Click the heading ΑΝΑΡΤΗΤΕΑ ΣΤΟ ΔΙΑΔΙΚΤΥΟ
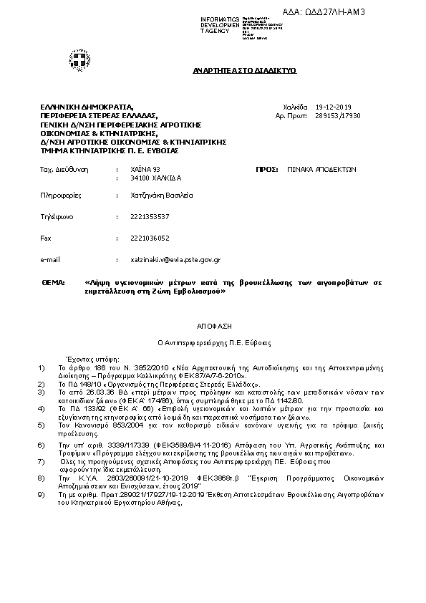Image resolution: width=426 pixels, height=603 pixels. coord(245,72)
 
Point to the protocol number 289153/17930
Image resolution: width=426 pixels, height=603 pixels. coord(337,115)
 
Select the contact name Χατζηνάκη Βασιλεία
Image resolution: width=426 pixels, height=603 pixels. coord(163,195)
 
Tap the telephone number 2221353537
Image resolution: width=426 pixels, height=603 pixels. coord(150,216)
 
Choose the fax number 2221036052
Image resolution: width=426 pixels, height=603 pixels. coord(150,237)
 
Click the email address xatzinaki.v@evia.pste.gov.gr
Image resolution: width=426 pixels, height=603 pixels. coord(175,259)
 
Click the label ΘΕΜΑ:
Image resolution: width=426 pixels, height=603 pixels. coord(53,283)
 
